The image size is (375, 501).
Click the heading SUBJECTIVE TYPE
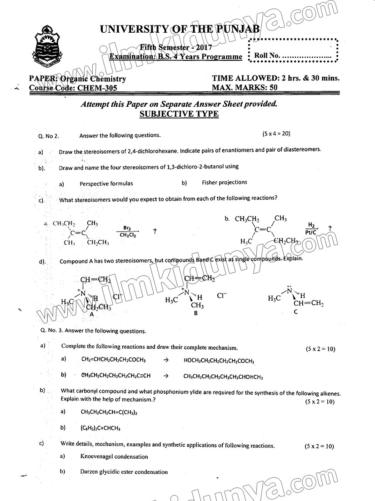tap(179, 114)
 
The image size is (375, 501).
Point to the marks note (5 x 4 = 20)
tap(276, 134)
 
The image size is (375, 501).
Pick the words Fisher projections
tap(225, 183)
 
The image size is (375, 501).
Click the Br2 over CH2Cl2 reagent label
tap(127, 231)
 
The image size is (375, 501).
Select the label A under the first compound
tap(92, 314)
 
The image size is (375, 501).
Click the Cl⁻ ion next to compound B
tap(222, 295)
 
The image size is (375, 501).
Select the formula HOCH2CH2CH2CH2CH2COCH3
tap(219, 361)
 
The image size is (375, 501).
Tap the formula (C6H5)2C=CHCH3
tap(100, 428)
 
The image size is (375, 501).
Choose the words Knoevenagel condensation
tap(114, 456)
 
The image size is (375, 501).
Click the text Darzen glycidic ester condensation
tap(124, 472)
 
